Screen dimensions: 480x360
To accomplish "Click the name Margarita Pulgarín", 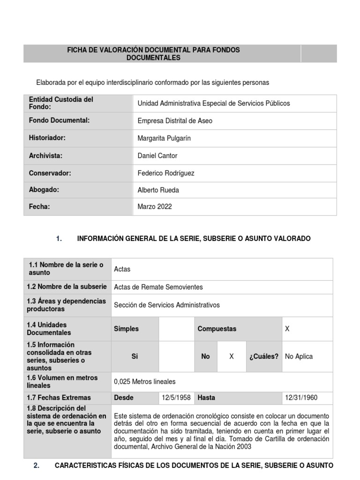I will [x=164, y=138].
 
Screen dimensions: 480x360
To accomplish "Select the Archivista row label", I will [x=45, y=155].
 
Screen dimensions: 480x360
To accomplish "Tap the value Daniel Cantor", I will [x=157, y=156].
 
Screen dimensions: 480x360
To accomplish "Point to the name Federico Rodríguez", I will [x=166, y=173].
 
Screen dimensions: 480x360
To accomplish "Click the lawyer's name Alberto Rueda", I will [x=159, y=190].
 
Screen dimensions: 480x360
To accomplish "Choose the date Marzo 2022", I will [x=156, y=207].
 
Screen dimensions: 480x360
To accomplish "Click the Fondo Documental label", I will [x=59, y=120].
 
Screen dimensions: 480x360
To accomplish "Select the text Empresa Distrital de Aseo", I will [x=175, y=121].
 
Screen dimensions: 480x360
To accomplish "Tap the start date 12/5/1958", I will [x=176, y=397].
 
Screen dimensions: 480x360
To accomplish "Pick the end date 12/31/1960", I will [x=301, y=397].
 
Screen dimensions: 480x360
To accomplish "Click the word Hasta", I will [x=206, y=397].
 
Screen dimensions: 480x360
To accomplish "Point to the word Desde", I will [x=124, y=397].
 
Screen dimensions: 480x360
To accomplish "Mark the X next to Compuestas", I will [x=287, y=329].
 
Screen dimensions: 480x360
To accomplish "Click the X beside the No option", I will [x=231, y=356].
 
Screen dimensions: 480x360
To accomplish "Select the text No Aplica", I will [x=299, y=356].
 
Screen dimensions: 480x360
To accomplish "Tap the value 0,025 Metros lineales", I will [x=145, y=382].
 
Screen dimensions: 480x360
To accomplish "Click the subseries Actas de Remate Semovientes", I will [x=158, y=287].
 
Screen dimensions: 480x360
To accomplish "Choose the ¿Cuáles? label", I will [x=264, y=356].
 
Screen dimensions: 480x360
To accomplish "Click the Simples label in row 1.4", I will [x=126, y=329].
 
